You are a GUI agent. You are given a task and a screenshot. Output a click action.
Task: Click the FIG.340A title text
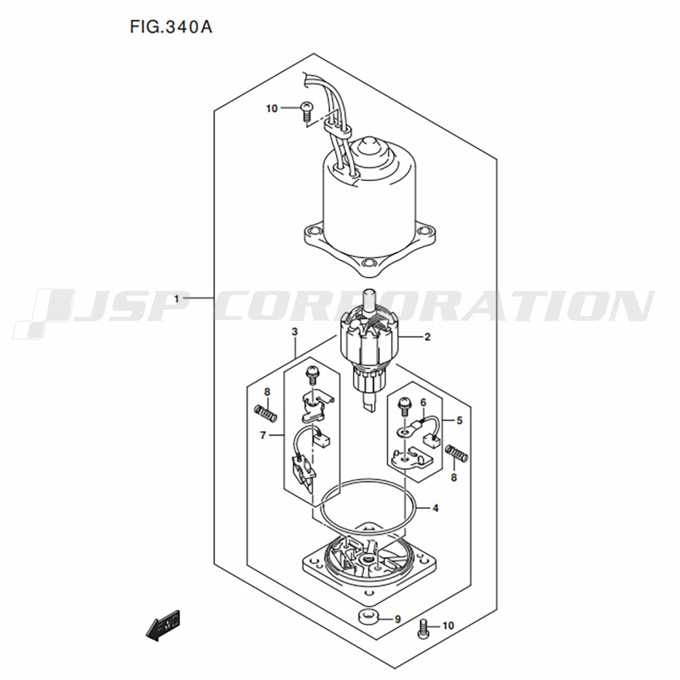171,27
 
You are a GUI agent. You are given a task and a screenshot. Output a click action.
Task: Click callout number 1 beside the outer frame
177,299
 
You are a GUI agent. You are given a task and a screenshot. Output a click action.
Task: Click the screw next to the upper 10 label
307,109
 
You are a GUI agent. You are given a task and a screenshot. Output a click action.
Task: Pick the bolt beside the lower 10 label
423,630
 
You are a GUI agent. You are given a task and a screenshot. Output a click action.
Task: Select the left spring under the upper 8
265,413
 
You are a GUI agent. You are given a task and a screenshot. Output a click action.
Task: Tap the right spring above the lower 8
457,454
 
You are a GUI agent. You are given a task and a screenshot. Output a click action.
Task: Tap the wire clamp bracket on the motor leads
337,129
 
